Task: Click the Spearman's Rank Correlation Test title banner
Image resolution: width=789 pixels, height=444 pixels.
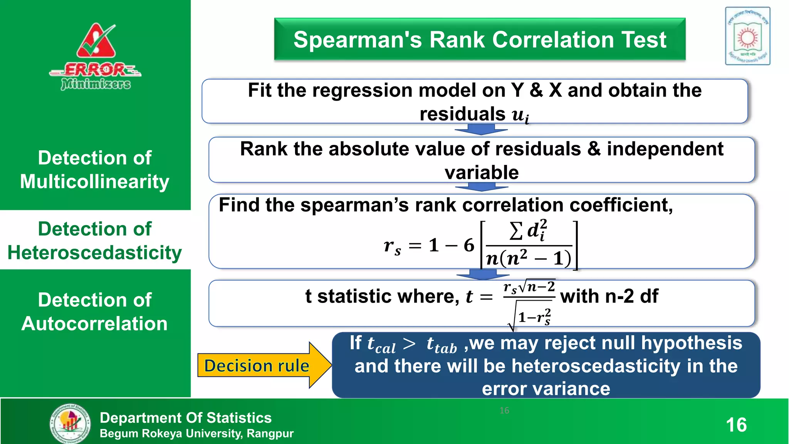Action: pos(480,39)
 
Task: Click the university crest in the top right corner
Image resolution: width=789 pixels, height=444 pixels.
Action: pos(747,36)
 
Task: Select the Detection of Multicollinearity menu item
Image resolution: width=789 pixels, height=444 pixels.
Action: pos(95,170)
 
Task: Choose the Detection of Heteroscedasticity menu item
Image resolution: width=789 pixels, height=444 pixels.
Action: pos(95,240)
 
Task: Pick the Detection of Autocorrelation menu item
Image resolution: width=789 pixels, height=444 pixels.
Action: pos(95,311)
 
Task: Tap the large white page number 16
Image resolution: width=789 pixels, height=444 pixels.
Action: pos(736,425)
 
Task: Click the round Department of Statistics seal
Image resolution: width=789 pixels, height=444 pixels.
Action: pos(71,423)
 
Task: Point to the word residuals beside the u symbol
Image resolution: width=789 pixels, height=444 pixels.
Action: pos(462,114)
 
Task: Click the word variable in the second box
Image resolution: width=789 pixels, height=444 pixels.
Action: pos(482,172)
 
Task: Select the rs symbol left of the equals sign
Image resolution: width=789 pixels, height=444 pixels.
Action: pos(392,246)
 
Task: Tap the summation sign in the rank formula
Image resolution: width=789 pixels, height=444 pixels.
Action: pos(516,231)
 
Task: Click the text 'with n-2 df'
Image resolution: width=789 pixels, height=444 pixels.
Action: pos(609,296)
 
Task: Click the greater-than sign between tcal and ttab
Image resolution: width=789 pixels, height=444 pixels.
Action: pos(409,343)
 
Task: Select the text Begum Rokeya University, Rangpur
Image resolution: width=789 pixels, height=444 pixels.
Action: pos(196,434)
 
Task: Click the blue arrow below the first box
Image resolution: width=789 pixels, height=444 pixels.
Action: pos(481,130)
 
